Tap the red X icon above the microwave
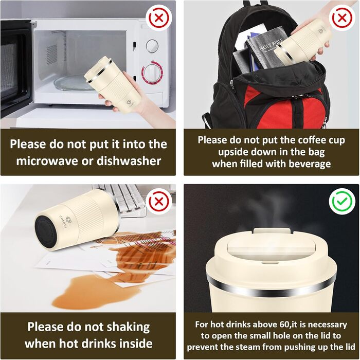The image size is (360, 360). coord(159,17)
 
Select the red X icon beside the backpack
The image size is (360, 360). coord(342,17)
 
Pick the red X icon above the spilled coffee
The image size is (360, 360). coord(159,202)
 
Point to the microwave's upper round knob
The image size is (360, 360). coord(152,46)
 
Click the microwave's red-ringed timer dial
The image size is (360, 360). coord(152,73)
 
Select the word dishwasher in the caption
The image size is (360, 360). coord(129,160)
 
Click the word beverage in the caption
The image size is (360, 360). coord(310,164)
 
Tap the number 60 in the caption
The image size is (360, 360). coord(284,325)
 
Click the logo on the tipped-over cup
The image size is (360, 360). coord(68,220)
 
